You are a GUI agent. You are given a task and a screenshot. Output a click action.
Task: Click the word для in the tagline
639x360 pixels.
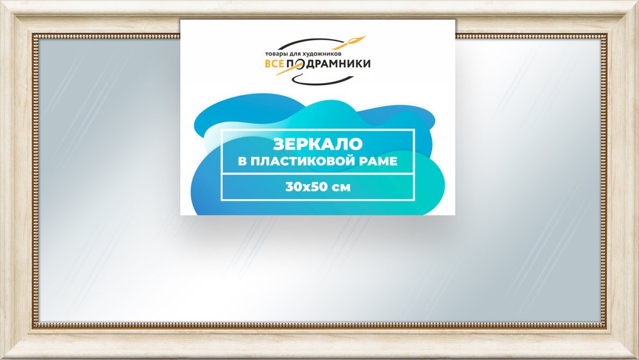tap(293, 54)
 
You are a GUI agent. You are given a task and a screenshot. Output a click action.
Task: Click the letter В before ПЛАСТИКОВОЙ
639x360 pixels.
tap(242, 162)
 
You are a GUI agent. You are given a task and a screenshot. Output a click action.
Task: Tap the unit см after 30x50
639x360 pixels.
tap(341, 187)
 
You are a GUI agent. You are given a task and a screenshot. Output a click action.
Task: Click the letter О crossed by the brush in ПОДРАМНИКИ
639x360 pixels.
tap(296, 64)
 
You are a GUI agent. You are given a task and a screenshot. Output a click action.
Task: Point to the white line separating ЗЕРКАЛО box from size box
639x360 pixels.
tap(317, 174)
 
